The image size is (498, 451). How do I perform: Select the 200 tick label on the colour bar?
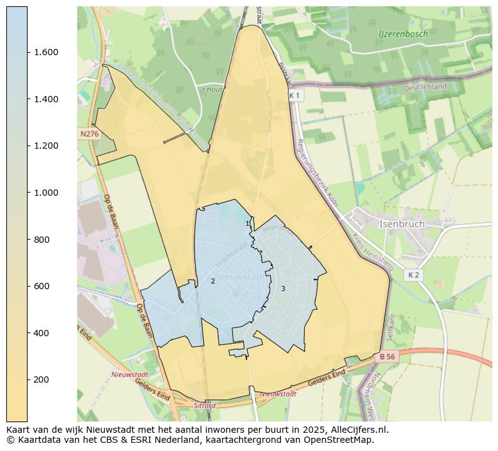tap(46, 379)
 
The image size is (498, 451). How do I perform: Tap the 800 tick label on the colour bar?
tap(46, 240)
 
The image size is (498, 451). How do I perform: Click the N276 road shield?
tap(89, 134)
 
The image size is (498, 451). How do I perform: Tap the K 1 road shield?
tap(295, 95)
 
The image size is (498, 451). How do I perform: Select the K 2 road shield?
tap(413, 275)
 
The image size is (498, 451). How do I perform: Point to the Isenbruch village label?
tap(401, 224)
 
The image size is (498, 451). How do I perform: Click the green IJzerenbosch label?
tap(403, 34)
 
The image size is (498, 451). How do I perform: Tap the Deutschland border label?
tap(425, 87)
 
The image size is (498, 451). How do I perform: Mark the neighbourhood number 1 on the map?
tap(247, 223)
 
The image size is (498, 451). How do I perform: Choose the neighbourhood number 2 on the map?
tap(213, 281)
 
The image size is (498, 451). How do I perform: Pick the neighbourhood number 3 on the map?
tap(283, 289)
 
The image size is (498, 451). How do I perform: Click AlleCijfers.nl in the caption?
tap(356, 430)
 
